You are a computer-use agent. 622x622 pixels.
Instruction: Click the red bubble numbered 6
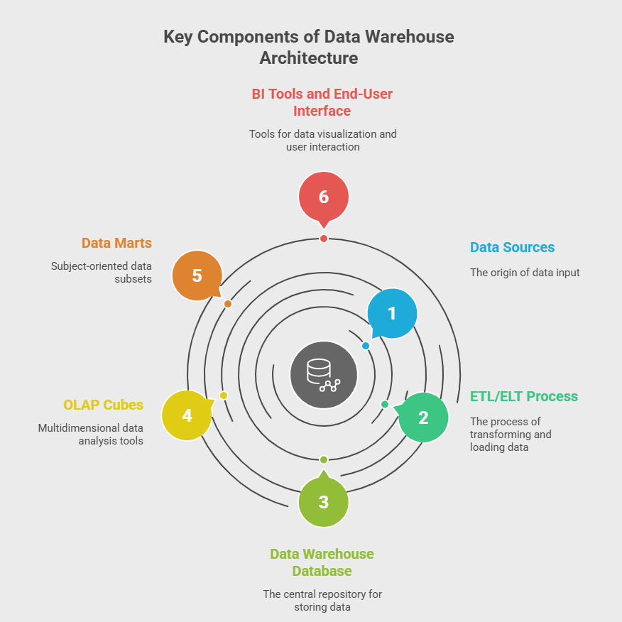tap(324, 196)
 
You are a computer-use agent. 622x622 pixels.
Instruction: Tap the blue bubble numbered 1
tap(392, 313)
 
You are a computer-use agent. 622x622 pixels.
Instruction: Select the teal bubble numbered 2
tap(423, 418)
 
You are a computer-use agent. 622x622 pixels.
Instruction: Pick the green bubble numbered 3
tap(324, 501)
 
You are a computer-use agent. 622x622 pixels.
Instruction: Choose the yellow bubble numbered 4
tap(187, 415)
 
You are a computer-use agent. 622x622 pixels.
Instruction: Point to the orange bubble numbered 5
tap(197, 275)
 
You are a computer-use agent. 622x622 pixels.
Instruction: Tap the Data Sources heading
tap(512, 247)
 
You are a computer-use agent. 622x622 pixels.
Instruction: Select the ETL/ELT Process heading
tap(524, 396)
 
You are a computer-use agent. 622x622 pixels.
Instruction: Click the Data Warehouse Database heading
tap(322, 562)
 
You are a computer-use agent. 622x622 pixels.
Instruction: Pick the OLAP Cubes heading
tap(103, 405)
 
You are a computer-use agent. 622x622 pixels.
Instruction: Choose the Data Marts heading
tap(116, 243)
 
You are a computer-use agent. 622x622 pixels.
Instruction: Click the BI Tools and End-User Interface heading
tap(322, 102)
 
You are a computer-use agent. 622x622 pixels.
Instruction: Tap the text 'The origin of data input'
tap(525, 273)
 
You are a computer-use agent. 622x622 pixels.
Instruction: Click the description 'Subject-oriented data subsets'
tap(101, 273)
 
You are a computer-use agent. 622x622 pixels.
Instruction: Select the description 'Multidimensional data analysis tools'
tap(90, 435)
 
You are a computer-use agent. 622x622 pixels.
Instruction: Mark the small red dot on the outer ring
tap(324, 239)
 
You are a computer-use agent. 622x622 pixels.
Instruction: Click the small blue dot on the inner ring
tap(366, 346)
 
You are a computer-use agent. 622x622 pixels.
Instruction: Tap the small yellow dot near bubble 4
tap(224, 395)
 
